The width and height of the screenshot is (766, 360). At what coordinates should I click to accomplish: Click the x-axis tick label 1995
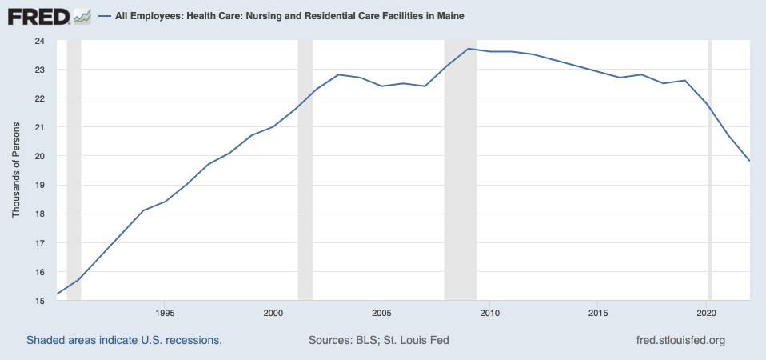[x=165, y=312]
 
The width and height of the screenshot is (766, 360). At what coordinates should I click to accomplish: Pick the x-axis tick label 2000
[x=273, y=312]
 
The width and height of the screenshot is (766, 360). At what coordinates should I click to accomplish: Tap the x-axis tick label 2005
[x=381, y=312]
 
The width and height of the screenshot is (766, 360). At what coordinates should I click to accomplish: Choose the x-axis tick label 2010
[x=489, y=312]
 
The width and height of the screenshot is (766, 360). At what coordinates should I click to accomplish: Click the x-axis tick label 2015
[x=598, y=312]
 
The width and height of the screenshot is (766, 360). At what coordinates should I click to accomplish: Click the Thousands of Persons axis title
[x=16, y=170]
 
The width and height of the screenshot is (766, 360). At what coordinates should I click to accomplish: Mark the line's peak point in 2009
[x=468, y=49]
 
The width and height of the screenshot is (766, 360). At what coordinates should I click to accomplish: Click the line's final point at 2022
[x=749, y=161]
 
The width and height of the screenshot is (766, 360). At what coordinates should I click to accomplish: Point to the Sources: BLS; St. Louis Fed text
[x=378, y=340]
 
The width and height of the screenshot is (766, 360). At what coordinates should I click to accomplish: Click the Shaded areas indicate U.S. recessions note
[x=124, y=340]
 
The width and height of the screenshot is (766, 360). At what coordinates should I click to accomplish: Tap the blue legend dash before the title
[x=104, y=16]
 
